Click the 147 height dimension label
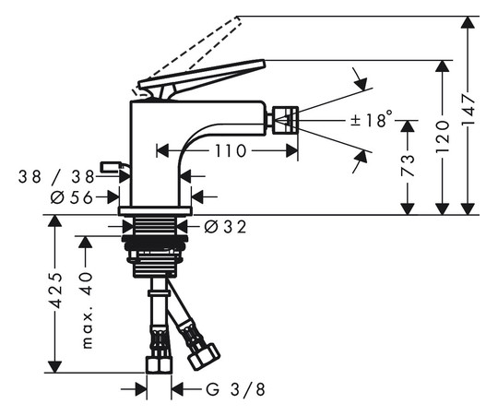[468, 110]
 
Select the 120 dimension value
[443, 136]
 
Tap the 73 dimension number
[408, 165]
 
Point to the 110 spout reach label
[231, 151]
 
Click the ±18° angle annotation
[372, 119]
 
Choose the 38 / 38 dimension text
[56, 176]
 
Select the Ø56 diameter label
[72, 197]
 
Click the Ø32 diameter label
[225, 227]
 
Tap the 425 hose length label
[55, 291]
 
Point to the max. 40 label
[87, 310]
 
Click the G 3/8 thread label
[235, 389]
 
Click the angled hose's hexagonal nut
[204, 357]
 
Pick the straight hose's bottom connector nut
[160, 364]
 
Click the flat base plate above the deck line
[155, 211]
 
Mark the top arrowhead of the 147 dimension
[468, 22]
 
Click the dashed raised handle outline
[187, 55]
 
